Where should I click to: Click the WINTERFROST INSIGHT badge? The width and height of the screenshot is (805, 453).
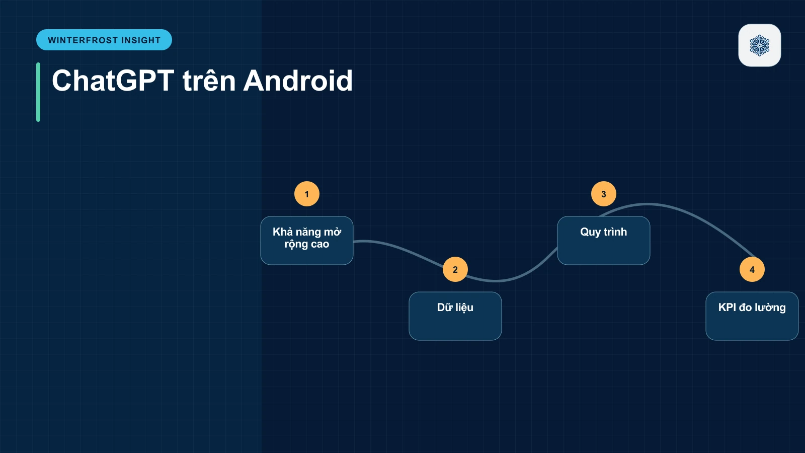coord(104,40)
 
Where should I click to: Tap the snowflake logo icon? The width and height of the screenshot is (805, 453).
coord(759,45)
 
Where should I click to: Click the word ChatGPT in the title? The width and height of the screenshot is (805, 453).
coord(113,81)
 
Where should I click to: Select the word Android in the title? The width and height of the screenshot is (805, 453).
coord(298,81)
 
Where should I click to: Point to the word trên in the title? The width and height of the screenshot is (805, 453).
coord(209,81)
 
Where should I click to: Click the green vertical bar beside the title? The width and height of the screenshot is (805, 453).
coord(38,92)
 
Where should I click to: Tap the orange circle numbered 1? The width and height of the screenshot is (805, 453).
coord(306,194)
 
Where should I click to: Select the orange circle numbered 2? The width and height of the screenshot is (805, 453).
coord(455,269)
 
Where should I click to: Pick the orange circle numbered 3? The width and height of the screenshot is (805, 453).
coord(603,194)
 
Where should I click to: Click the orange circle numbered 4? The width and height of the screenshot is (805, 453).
coord(752,269)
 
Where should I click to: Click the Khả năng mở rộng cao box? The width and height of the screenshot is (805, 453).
coord(306,241)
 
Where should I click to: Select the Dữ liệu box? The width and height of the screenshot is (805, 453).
coord(455,316)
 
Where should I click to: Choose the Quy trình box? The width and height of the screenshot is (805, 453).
coord(603,241)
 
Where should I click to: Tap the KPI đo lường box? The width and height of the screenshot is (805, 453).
coord(752,316)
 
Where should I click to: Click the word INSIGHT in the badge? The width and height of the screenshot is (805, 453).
coord(141,40)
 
